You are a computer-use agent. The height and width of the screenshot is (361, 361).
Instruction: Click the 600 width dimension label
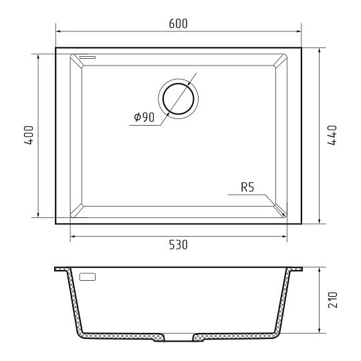click(178, 23)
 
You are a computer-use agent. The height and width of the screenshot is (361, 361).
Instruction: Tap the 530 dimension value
click(178, 245)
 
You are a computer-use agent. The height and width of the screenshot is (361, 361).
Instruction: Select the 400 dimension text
click(29, 135)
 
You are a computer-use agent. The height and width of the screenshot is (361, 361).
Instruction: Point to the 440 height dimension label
click(332, 135)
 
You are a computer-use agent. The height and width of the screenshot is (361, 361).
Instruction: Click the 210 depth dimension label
click(332, 299)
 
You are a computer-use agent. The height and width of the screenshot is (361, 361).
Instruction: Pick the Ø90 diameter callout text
click(144, 117)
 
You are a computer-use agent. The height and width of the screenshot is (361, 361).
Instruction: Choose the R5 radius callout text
click(247, 187)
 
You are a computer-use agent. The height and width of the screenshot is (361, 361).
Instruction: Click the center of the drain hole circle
click(178, 99)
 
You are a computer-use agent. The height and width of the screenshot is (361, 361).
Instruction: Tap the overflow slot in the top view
click(88, 57)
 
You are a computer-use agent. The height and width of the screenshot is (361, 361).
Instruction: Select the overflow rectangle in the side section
click(88, 277)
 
